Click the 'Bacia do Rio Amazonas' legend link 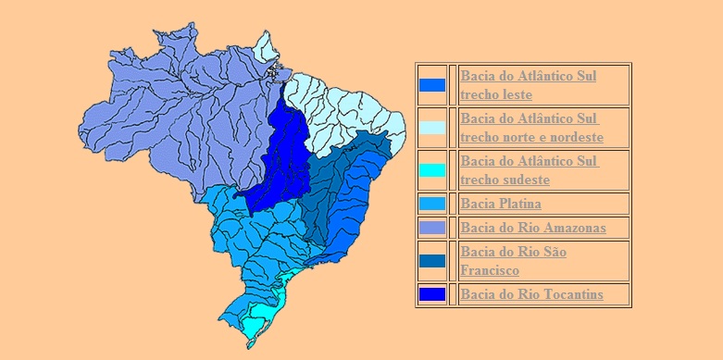pos(532,227)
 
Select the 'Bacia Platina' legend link pos(500,204)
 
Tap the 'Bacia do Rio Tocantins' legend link pos(531,294)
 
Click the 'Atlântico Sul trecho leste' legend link pos(528,84)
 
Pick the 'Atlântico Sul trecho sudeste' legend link pos(529,170)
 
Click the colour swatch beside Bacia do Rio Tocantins pos(431,295)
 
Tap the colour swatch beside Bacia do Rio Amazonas pos(431,228)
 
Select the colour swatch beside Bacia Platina pos(431,204)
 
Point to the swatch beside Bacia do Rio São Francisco pos(431,261)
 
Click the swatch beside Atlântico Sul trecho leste pos(431,85)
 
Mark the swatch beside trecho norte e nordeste pos(431,128)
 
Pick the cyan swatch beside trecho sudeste pos(431,170)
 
